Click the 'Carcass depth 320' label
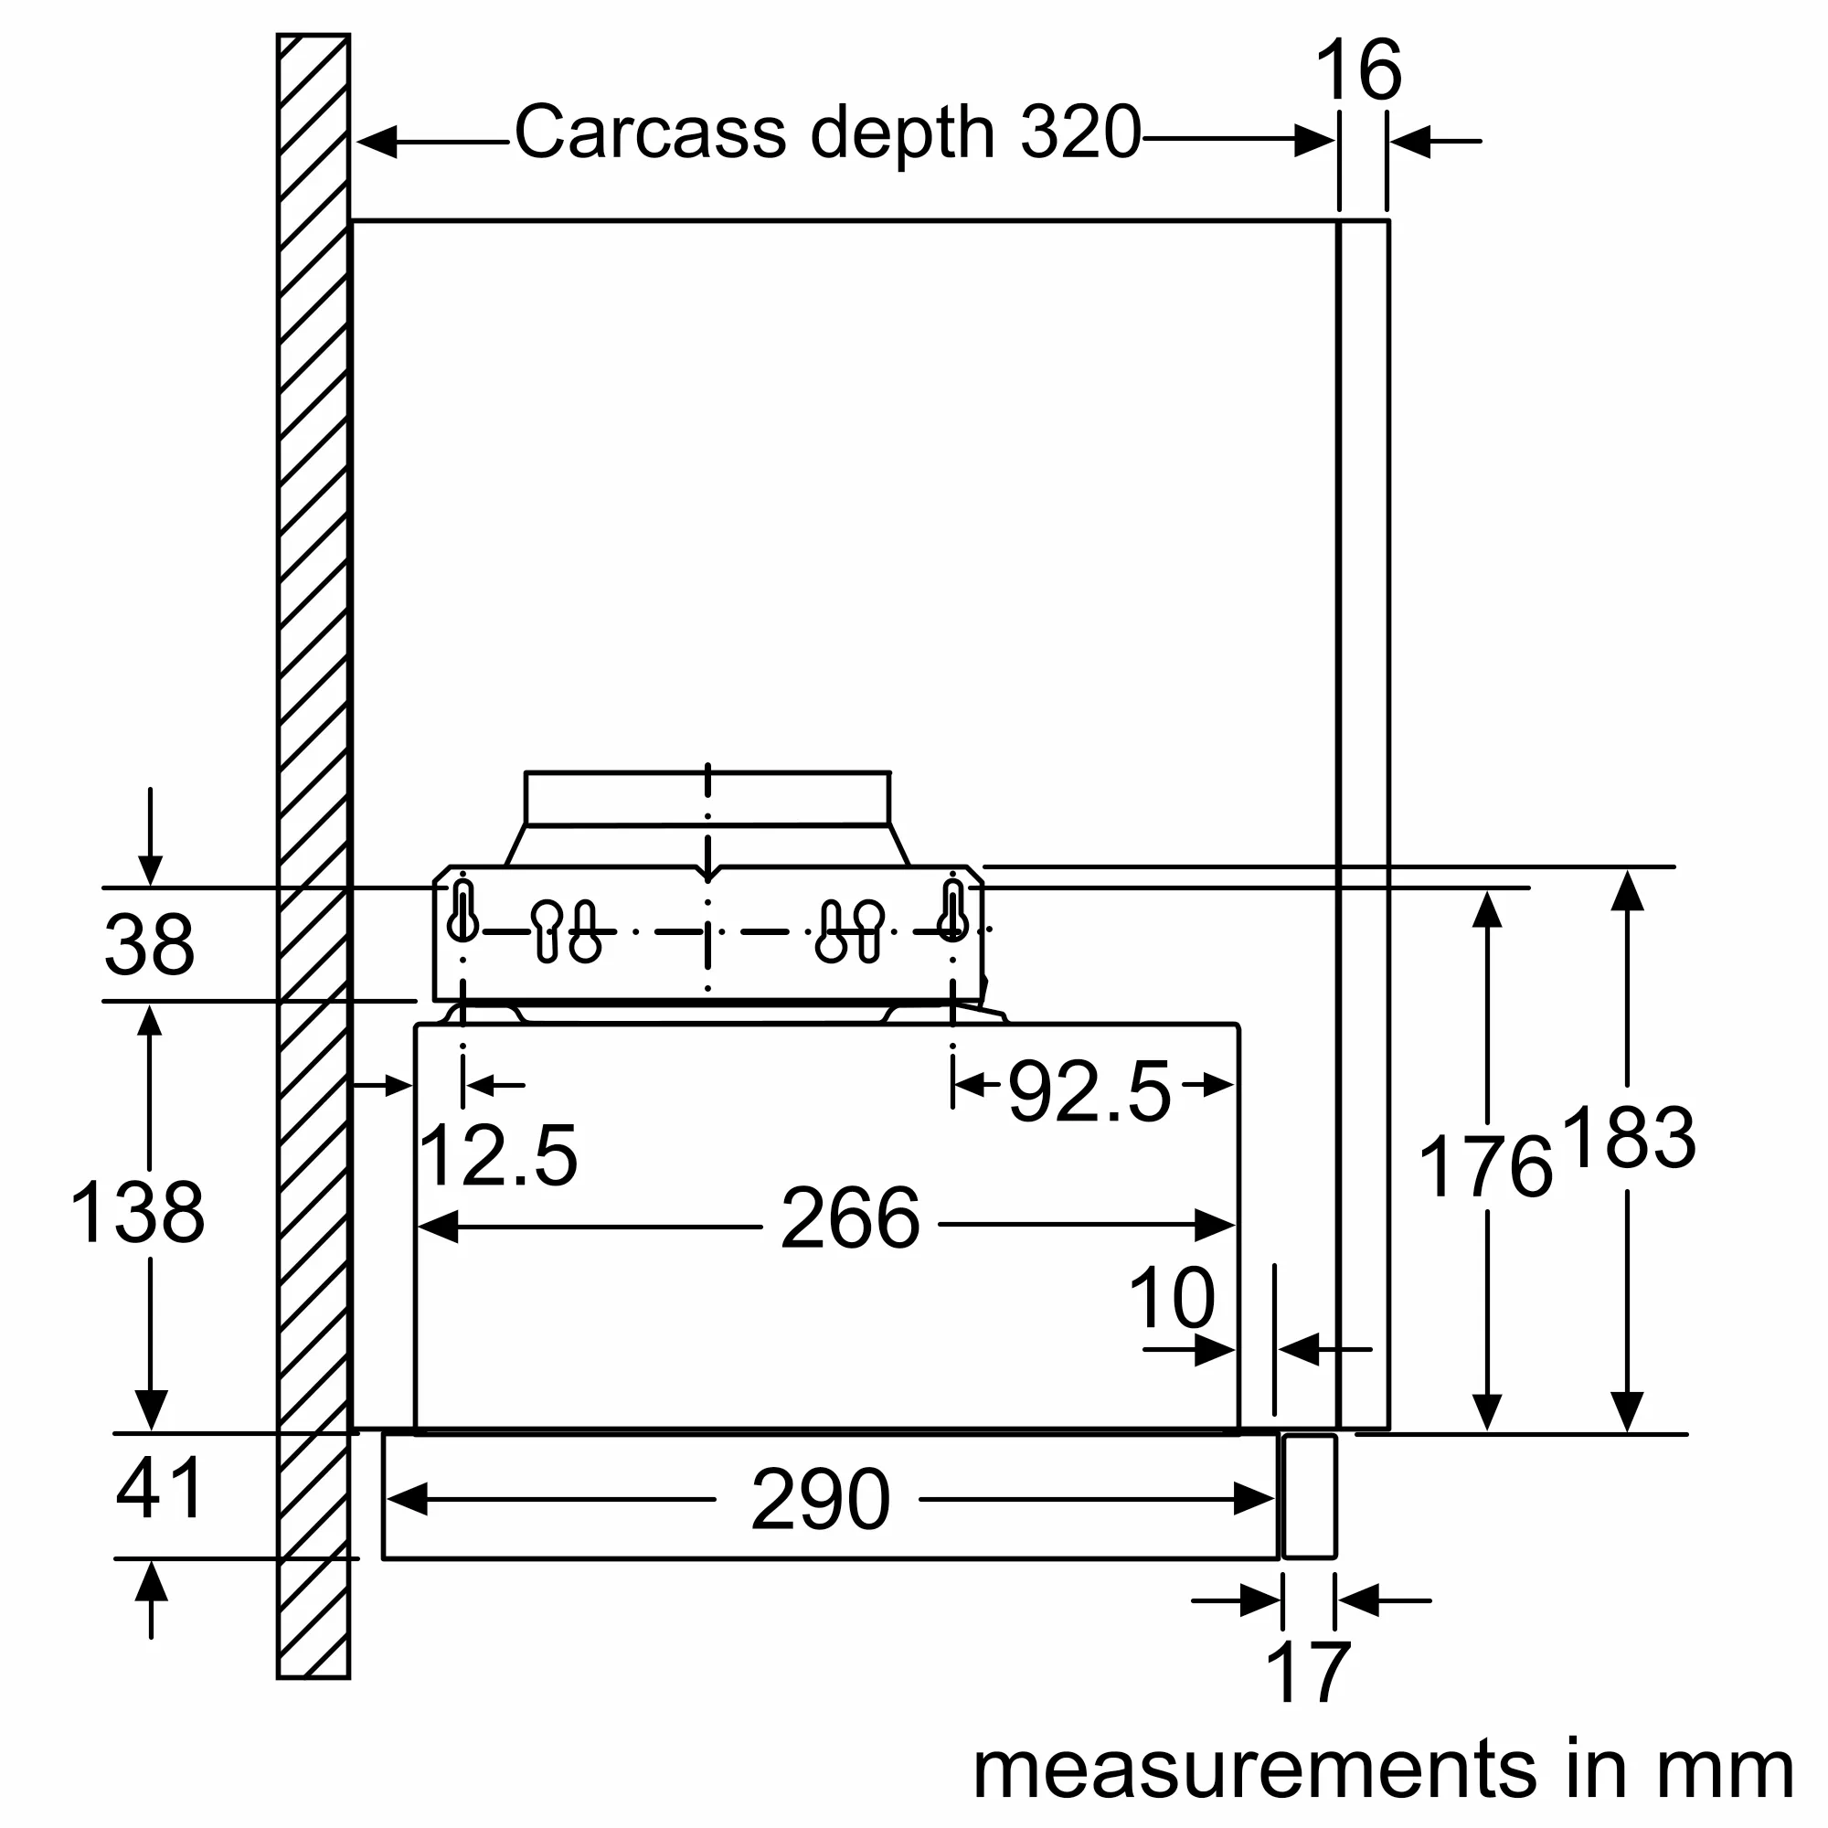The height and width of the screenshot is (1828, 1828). [x=828, y=133]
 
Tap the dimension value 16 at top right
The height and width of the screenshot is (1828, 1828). [x=1358, y=70]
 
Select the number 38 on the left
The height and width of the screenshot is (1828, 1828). [x=150, y=945]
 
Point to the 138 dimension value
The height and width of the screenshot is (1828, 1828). [x=137, y=1213]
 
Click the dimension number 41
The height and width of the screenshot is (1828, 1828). [x=159, y=1488]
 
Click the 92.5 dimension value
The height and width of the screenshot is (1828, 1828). [x=1089, y=1093]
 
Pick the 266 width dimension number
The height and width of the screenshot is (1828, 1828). [x=850, y=1219]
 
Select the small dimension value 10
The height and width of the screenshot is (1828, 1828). [x=1172, y=1298]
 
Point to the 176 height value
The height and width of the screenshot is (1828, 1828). [x=1485, y=1167]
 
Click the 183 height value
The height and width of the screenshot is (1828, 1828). [x=1629, y=1137]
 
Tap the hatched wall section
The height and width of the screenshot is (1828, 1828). [x=314, y=663]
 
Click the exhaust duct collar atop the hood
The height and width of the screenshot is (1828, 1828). [x=707, y=800]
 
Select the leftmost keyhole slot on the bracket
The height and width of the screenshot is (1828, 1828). [x=462, y=911]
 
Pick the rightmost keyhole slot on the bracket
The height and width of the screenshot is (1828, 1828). [x=952, y=911]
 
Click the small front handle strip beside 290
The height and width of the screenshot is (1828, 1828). [x=1310, y=1496]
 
